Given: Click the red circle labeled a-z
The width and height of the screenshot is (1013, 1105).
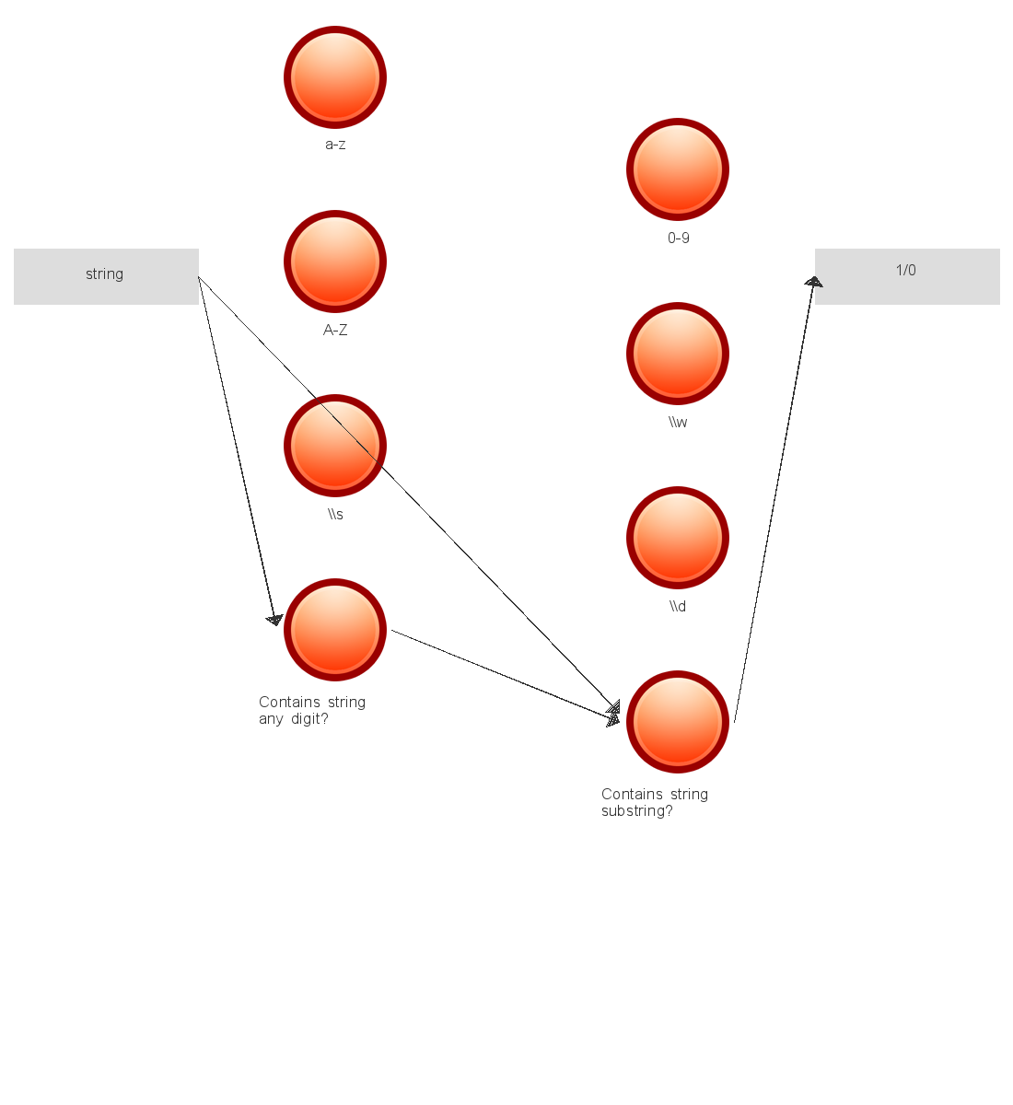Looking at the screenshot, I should pos(335,77).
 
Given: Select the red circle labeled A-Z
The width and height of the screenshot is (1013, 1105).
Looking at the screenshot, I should pos(335,262).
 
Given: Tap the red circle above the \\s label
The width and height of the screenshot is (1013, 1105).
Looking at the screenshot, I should pos(335,446).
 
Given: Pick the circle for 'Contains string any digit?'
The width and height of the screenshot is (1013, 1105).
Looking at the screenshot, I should pos(335,630).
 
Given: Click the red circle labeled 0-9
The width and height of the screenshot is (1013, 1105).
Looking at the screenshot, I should pos(678,169).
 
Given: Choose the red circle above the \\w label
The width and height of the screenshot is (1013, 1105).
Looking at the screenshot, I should pos(678,354).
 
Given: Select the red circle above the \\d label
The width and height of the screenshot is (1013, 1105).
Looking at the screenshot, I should pos(678,538).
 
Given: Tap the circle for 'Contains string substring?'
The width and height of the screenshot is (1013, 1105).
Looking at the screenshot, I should pos(678,722).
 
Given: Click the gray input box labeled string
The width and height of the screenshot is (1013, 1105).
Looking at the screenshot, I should pos(106,276).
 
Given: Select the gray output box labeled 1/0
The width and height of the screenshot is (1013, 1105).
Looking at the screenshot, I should pos(907,276).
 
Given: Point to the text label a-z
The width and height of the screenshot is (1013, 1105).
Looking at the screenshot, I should pos(335,145).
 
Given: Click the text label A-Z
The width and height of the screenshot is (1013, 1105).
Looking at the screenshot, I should pos(335,330).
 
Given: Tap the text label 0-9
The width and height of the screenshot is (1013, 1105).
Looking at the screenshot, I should pos(679,238).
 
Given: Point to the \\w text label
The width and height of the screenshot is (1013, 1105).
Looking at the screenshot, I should pos(678,423).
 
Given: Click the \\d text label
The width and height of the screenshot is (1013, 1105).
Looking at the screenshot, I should pos(678,607).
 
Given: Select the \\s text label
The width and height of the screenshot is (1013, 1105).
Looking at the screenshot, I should pos(335,515).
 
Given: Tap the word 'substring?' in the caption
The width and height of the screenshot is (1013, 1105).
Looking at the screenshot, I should pos(636,811).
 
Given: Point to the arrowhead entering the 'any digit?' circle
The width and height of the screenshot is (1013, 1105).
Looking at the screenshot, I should pos(274,620).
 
